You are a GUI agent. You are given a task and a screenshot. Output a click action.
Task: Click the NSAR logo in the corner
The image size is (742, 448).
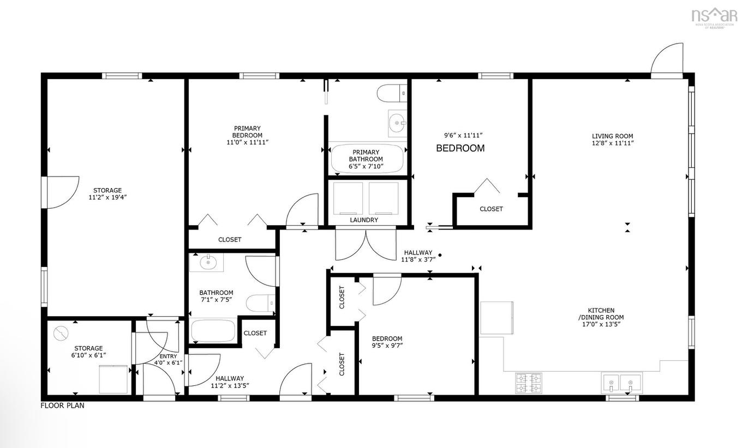714,16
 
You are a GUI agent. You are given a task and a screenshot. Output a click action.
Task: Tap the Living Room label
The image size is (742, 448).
613,136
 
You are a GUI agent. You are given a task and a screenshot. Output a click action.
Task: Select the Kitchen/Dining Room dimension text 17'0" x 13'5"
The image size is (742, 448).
601,324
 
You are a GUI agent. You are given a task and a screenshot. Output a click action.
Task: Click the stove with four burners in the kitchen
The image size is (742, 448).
529,382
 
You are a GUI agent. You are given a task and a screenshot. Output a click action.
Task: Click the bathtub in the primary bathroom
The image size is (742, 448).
367,159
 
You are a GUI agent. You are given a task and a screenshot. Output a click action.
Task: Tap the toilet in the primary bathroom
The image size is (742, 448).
392,93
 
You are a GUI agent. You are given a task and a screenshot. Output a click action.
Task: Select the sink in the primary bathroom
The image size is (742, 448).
398,123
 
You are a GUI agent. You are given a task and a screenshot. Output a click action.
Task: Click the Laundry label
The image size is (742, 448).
364,220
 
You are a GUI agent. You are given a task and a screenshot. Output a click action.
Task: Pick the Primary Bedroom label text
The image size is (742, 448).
247,132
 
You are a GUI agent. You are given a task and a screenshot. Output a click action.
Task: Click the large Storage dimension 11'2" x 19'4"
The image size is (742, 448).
107,197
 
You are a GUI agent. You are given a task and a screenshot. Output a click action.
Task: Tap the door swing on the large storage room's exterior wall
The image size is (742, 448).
60,191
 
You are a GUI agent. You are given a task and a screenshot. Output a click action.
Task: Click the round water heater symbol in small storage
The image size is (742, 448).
62,332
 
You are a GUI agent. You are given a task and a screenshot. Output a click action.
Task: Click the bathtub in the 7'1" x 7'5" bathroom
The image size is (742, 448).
213,331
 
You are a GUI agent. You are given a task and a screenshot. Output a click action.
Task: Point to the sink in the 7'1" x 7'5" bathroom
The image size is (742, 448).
207,263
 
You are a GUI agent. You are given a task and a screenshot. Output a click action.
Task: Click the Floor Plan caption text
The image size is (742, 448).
63,405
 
